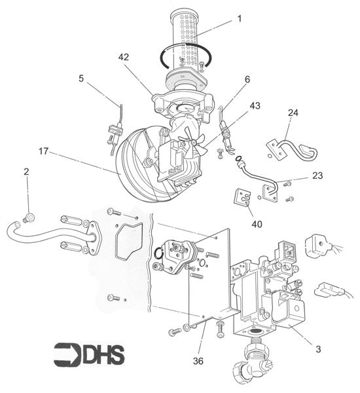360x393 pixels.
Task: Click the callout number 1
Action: (x=240, y=18)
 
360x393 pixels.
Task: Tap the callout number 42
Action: (x=124, y=57)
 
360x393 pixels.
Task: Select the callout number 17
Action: (x=43, y=151)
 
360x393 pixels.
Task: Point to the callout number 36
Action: (x=198, y=361)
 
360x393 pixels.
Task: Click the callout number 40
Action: (x=257, y=224)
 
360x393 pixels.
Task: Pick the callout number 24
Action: (x=293, y=113)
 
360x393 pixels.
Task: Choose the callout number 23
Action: (x=317, y=176)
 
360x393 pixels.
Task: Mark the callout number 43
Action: (x=255, y=105)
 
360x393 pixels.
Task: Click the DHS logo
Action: (x=89, y=354)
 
